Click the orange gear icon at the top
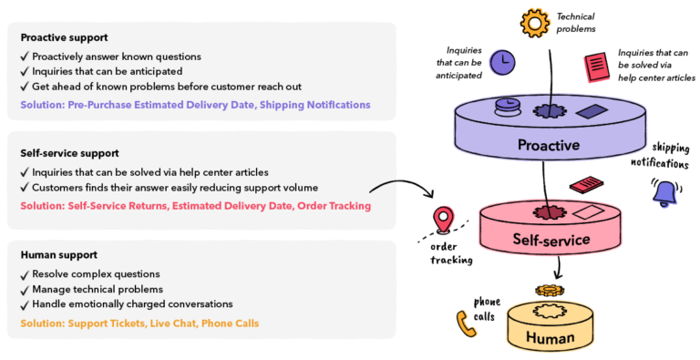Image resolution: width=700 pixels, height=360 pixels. (x=535, y=22)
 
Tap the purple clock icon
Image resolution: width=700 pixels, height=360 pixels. (x=501, y=62)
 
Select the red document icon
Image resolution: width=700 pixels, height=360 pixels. (x=596, y=68)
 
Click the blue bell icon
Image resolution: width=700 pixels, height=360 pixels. (x=665, y=193)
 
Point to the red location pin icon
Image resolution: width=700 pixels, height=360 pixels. (x=444, y=219)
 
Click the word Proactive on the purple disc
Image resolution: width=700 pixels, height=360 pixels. (x=548, y=144)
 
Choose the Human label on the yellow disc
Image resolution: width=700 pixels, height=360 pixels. (x=550, y=339)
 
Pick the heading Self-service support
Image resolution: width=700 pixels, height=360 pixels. (x=69, y=153)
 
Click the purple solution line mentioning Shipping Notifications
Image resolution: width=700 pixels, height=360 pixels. (x=195, y=105)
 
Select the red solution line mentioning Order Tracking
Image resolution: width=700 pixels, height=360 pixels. (x=195, y=206)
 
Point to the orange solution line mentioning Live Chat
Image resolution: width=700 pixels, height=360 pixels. (x=139, y=323)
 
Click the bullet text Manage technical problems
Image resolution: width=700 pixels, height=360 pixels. (x=98, y=289)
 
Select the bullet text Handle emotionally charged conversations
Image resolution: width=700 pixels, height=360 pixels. (x=132, y=303)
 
